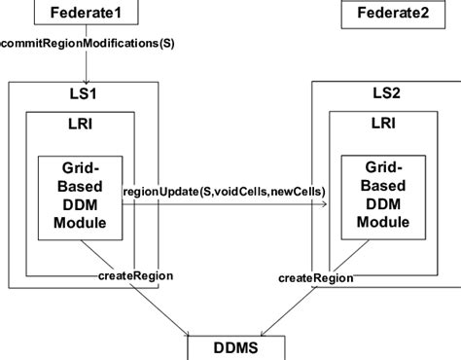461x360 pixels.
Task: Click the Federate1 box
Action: tap(86, 15)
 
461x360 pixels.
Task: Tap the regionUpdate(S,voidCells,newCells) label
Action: tap(224, 191)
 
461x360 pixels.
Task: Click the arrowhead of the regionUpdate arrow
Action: tap(325, 204)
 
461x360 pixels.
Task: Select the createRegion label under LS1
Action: tap(136, 276)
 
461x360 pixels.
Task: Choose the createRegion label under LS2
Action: tap(314, 278)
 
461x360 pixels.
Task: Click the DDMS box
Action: tap(235, 348)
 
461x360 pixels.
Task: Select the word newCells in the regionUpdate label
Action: tap(298, 191)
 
